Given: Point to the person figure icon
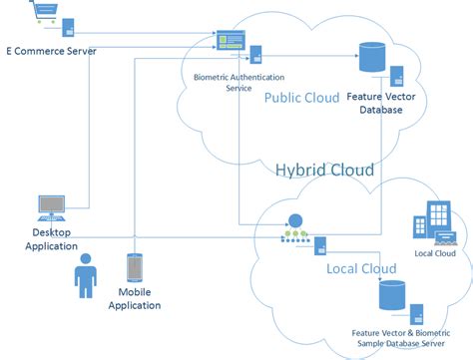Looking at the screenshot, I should (86, 275).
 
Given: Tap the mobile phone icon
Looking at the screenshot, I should (135, 269).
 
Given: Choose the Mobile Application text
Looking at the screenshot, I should (140, 299).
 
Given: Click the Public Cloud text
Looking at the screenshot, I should (301, 97).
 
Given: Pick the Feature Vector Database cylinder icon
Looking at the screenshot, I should (372, 57).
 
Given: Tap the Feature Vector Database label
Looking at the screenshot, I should (375, 104).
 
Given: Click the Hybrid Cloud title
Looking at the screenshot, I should (324, 170).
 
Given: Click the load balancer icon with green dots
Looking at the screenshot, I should (292, 229).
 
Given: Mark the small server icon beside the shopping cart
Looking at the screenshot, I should (68, 27).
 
